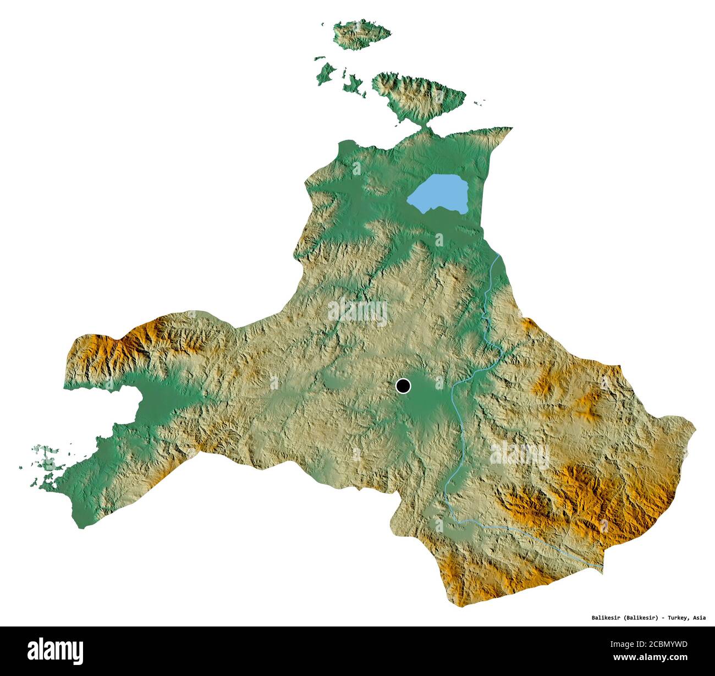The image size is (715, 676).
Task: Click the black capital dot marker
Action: [x=403, y=386]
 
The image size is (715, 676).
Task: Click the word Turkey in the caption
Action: [x=678, y=618]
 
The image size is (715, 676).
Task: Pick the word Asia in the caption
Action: [x=699, y=618]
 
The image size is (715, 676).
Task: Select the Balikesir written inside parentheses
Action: [x=639, y=618]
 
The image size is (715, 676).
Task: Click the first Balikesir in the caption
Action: [x=601, y=618]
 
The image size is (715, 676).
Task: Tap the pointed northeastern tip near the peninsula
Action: [x=509, y=129]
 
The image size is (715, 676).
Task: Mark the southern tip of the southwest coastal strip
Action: [x=81, y=525]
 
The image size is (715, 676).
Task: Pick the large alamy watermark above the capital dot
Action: [x=358, y=312]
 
